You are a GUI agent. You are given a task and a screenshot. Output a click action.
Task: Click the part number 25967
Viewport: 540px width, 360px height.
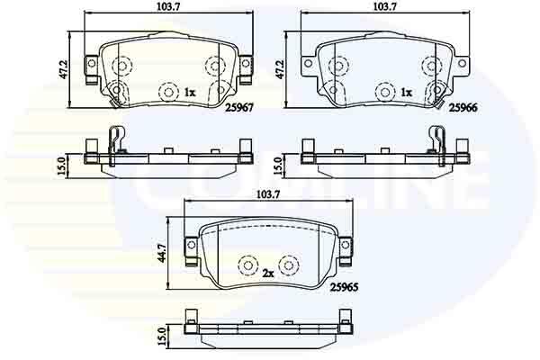coord(239,107)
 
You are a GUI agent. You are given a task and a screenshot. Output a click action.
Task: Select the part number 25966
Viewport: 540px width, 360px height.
coord(463,107)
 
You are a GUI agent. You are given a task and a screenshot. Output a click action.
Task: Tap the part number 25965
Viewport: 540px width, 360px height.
coord(345,287)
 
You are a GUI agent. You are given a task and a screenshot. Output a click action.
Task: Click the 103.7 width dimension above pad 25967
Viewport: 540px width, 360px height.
coord(169,6)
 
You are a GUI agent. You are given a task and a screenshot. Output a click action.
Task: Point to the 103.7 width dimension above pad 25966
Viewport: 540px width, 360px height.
coord(386,6)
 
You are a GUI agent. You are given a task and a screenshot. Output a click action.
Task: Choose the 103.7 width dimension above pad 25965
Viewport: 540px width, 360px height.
coord(268,194)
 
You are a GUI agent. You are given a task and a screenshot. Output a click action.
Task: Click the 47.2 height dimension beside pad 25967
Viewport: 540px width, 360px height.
coord(63,70)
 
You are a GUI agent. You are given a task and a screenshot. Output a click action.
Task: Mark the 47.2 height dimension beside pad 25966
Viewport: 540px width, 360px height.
coord(280,70)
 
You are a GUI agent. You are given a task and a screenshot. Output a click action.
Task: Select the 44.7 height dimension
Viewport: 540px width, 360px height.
coord(161,253)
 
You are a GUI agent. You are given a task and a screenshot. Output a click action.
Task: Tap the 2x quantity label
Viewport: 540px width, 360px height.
coord(268,274)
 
